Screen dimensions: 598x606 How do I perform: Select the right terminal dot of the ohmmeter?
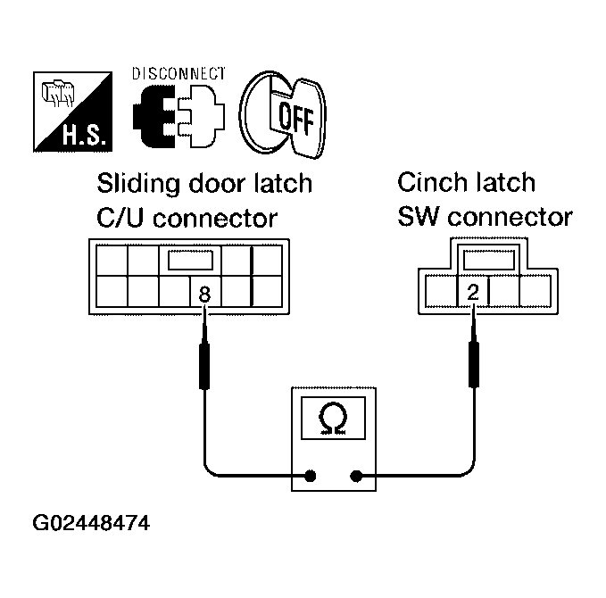tap(359, 476)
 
